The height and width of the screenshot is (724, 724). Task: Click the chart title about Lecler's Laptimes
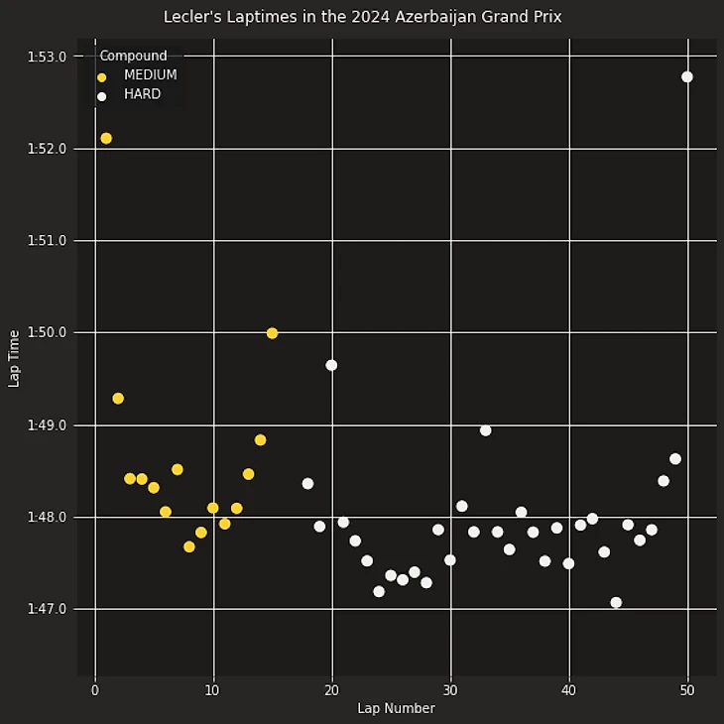coord(362,17)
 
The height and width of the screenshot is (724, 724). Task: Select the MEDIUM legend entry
coord(150,75)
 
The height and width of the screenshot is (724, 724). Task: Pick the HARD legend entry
coord(142,95)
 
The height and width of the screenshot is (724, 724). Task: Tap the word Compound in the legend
coord(133,57)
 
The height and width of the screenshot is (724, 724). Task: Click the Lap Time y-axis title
coord(14,358)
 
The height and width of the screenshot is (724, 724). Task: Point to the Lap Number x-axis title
coord(396,708)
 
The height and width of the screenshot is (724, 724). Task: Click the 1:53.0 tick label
coord(47,57)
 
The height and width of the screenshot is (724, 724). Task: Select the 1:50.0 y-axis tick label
coord(47,332)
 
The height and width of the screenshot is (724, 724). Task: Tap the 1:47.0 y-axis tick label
coord(47,609)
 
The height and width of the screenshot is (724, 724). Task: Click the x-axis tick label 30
coord(450,690)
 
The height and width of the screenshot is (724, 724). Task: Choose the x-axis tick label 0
coord(95,690)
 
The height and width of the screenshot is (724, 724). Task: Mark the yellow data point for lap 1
coord(106,139)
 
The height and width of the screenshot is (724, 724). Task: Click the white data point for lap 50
coord(687,77)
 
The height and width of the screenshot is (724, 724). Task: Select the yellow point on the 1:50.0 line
coord(272,333)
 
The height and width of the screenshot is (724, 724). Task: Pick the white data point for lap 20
coord(331,365)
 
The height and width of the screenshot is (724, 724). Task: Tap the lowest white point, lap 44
coord(616,602)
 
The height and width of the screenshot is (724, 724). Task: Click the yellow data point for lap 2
coord(118,399)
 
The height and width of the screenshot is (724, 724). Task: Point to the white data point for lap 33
coord(486,430)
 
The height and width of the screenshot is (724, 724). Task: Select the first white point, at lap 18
coord(307,484)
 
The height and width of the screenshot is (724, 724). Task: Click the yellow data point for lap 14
coord(260,440)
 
